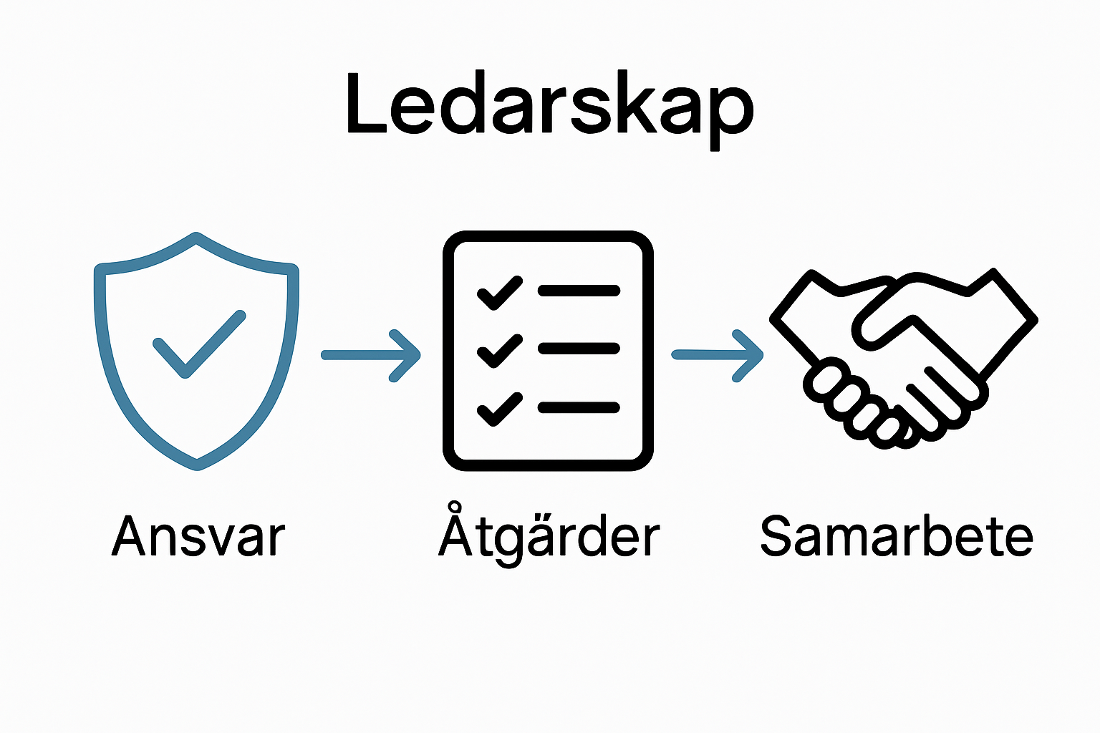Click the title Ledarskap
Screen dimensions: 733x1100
click(549, 107)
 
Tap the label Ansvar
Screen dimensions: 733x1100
click(198, 537)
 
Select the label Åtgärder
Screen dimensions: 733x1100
click(549, 537)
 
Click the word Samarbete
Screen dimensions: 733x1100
click(896, 537)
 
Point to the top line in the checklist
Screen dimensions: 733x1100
click(578, 291)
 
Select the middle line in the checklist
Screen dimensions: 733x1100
click(578, 349)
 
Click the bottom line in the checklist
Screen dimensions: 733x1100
click(578, 408)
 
